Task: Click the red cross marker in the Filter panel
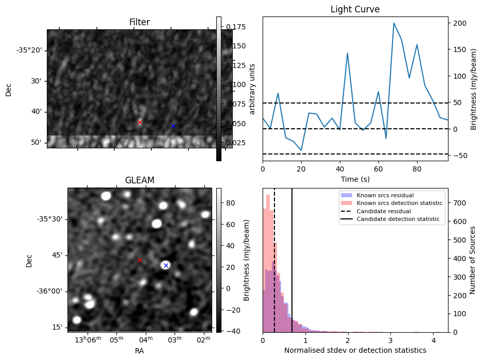[140, 122]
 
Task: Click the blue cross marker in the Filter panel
[173, 126]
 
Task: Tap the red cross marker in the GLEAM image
[140, 261]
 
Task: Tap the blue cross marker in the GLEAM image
[165, 265]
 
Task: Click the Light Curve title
[355, 9]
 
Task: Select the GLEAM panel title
[140, 180]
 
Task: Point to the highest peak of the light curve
[394, 23]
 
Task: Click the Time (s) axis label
[355, 179]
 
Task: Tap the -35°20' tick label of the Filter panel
[29, 50]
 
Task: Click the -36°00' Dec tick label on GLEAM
[50, 291]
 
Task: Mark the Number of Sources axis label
[473, 260]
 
